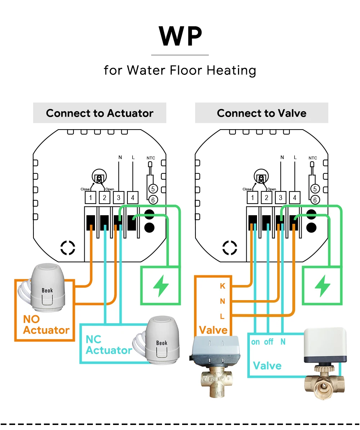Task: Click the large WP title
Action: [180, 36]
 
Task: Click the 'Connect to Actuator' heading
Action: [100, 113]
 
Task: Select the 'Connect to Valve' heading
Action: [262, 113]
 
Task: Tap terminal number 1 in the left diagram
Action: [91, 198]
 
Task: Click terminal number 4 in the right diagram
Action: [294, 198]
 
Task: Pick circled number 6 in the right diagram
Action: [315, 200]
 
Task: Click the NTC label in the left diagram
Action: [151, 158]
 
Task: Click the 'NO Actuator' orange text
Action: [46, 325]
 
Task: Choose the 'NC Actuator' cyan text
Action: [109, 345]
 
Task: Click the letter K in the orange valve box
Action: [222, 286]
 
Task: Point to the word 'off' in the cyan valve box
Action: [269, 342]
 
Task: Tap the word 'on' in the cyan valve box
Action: [255, 342]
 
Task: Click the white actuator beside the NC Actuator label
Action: [158, 340]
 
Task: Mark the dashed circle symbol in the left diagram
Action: [68, 248]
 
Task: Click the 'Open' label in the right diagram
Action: [272, 189]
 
